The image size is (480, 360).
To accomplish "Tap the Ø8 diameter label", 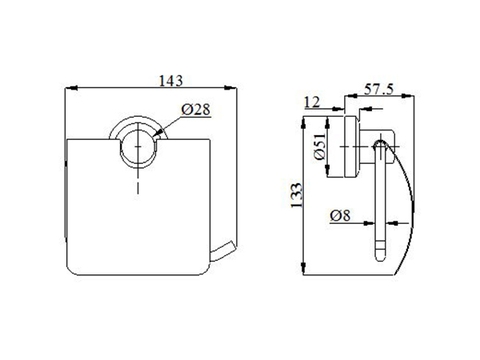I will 339,215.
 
